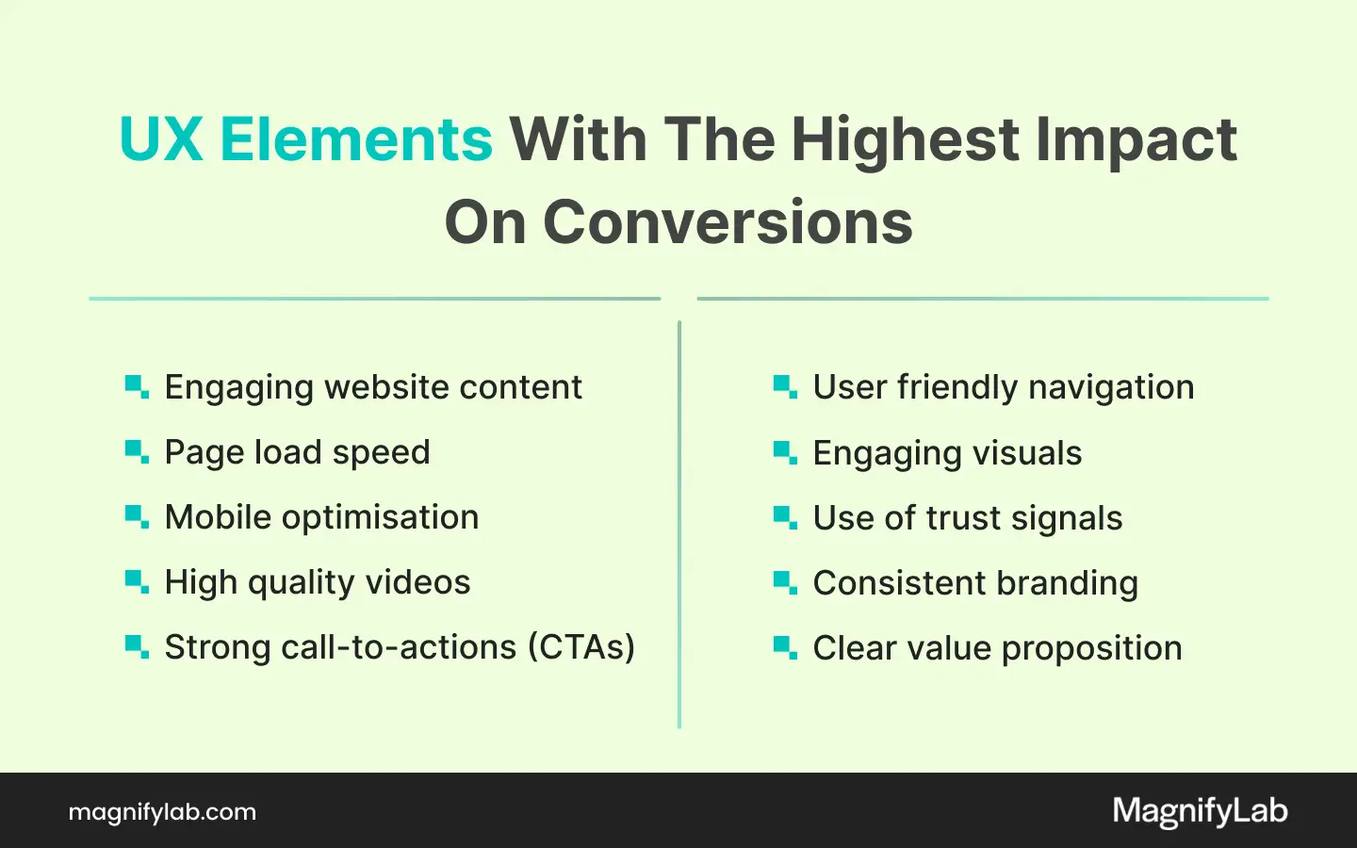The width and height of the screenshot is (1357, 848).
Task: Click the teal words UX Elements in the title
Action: pyautogui.click(x=306, y=139)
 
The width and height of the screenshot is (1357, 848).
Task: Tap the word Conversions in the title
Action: pyautogui.click(x=728, y=222)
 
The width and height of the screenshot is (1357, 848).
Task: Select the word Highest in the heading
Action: pyautogui.click(x=907, y=143)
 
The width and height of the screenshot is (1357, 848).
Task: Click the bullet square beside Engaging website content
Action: pyautogui.click(x=137, y=387)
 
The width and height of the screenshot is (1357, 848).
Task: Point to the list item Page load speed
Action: pyautogui.click(x=298, y=453)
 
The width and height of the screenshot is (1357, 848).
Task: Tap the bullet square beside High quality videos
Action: pyautogui.click(x=137, y=582)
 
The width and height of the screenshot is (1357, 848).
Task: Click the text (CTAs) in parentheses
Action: pyautogui.click(x=581, y=647)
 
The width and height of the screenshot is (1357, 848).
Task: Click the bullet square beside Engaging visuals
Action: pyautogui.click(x=785, y=453)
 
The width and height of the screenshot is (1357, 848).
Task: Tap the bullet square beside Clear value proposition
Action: pyautogui.click(x=785, y=647)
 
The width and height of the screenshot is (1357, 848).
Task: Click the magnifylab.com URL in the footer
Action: pyautogui.click(x=162, y=812)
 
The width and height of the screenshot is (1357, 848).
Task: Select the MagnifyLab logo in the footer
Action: pyautogui.click(x=1201, y=811)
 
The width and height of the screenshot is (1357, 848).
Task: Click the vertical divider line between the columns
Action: pyautogui.click(x=679, y=525)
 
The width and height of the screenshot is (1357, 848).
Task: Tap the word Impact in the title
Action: pyautogui.click(x=1136, y=143)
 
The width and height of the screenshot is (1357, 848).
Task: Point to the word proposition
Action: pyautogui.click(x=1091, y=649)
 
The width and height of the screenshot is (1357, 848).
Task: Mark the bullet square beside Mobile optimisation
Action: pyautogui.click(x=137, y=517)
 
